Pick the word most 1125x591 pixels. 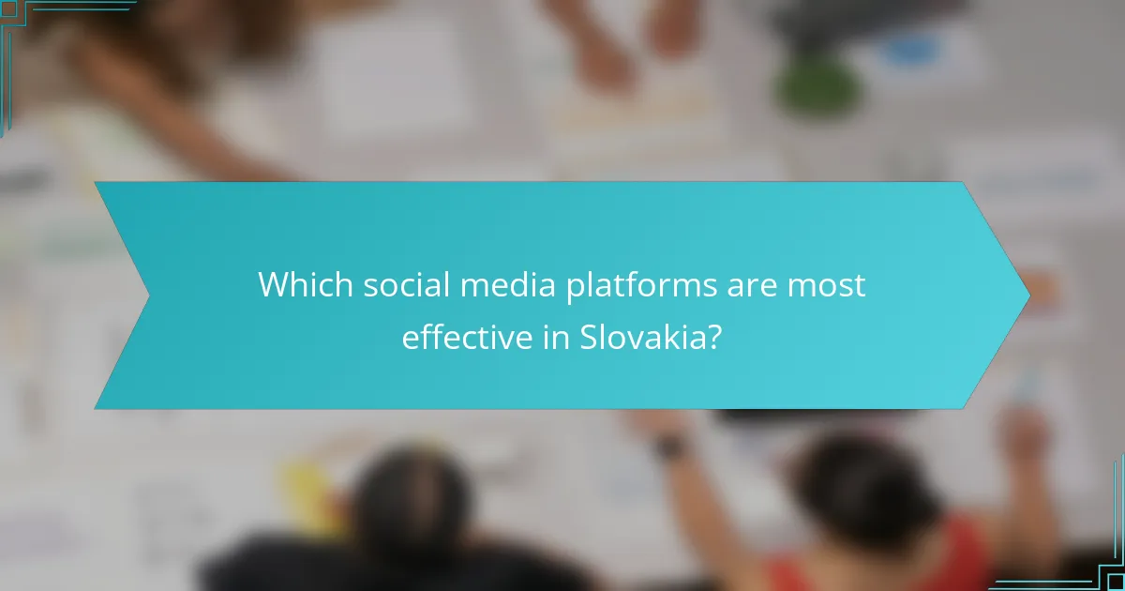point(827,285)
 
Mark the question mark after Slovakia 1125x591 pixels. point(715,338)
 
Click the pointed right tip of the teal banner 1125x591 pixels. point(1027,295)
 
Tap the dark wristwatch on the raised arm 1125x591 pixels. point(669,448)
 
